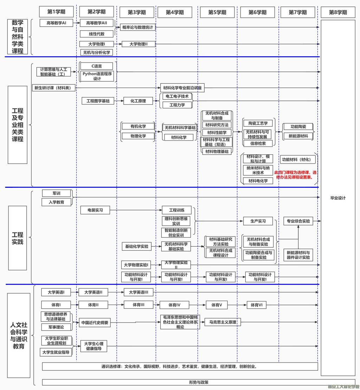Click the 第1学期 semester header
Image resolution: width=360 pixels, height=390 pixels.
(56, 12)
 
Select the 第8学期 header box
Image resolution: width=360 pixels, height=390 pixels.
(338, 12)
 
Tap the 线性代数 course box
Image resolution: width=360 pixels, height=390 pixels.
(96, 34)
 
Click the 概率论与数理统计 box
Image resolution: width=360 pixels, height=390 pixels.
(138, 27)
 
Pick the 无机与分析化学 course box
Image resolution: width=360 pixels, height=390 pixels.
(96, 52)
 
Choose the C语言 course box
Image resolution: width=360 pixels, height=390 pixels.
(97, 66)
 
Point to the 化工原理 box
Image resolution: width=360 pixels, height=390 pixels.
(135, 101)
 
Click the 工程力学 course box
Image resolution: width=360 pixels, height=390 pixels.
(177, 105)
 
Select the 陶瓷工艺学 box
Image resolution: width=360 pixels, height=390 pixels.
(258, 123)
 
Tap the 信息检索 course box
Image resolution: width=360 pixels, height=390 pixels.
(258, 143)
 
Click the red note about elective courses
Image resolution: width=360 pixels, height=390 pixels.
(295, 175)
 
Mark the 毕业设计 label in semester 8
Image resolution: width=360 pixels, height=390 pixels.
(338, 198)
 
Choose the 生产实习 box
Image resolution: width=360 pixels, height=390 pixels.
(258, 221)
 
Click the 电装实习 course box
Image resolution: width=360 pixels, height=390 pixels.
(95, 210)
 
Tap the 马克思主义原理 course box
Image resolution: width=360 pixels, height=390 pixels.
(223, 322)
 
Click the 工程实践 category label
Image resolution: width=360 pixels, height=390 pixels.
(18, 238)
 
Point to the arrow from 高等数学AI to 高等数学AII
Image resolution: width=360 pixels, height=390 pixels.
(77, 23)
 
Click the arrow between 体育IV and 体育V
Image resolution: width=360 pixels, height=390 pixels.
(198, 305)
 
